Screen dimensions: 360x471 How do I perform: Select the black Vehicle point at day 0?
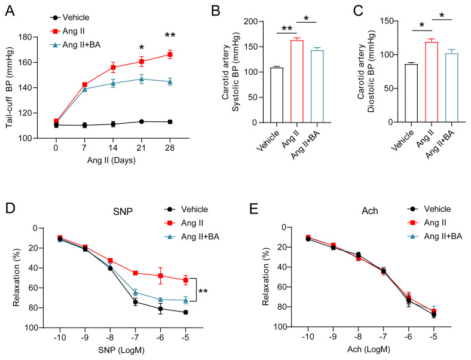[56, 125]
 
